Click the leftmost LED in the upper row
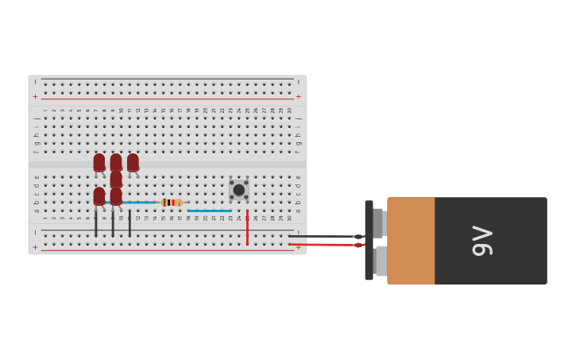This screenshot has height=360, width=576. point(99,162)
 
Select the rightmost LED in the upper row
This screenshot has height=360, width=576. point(133,162)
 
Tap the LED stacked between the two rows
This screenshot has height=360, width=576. point(116,179)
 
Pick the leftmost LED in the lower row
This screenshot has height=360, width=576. point(99,195)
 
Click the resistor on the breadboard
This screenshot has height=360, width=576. point(171,203)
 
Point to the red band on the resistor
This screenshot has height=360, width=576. point(173,203)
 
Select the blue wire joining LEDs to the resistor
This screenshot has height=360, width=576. point(140,203)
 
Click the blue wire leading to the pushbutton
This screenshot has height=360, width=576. point(210,211)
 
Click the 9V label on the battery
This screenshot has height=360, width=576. point(482,241)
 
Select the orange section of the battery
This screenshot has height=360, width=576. point(411,241)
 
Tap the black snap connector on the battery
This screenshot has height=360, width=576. point(369,240)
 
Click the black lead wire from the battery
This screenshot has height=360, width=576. point(322,236)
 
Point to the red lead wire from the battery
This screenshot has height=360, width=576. point(322,245)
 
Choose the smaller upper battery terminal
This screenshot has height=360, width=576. point(378,223)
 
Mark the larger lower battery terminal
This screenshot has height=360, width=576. point(381,261)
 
